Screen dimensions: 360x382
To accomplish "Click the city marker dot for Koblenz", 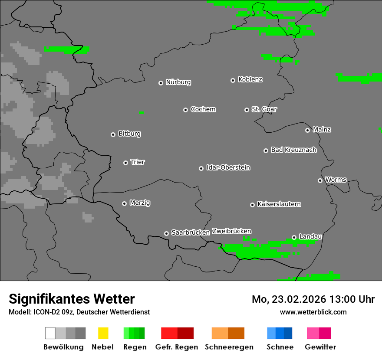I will (x=233, y=80).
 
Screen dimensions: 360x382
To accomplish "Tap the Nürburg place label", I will (x=178, y=82).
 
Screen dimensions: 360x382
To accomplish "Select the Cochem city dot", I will (x=185, y=110).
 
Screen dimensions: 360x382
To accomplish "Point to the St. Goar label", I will (x=264, y=109).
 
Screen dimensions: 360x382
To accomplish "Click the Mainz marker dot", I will (x=307, y=130).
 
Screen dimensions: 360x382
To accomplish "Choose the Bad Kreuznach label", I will (x=293, y=150).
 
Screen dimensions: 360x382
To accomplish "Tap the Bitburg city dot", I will (x=113, y=134).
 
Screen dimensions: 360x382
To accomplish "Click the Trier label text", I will (x=138, y=162).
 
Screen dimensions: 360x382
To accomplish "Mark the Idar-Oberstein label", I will (x=228, y=167).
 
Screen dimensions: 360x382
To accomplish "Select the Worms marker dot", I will (x=320, y=180).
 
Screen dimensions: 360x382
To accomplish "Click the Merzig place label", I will (x=140, y=203).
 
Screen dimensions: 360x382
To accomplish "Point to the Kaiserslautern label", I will (x=279, y=204).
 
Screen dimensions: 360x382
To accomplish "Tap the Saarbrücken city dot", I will (x=166, y=233).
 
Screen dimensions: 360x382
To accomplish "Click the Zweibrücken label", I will (x=231, y=231).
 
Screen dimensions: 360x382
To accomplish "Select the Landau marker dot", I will (x=294, y=237).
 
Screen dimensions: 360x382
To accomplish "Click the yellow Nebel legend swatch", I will (x=103, y=333).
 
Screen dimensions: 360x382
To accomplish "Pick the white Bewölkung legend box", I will (x=50, y=333).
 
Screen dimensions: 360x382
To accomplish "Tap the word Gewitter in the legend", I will (x=320, y=347).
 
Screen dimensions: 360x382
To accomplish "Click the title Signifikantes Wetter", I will (x=72, y=299).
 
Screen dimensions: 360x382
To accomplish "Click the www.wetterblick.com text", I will (x=313, y=312).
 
